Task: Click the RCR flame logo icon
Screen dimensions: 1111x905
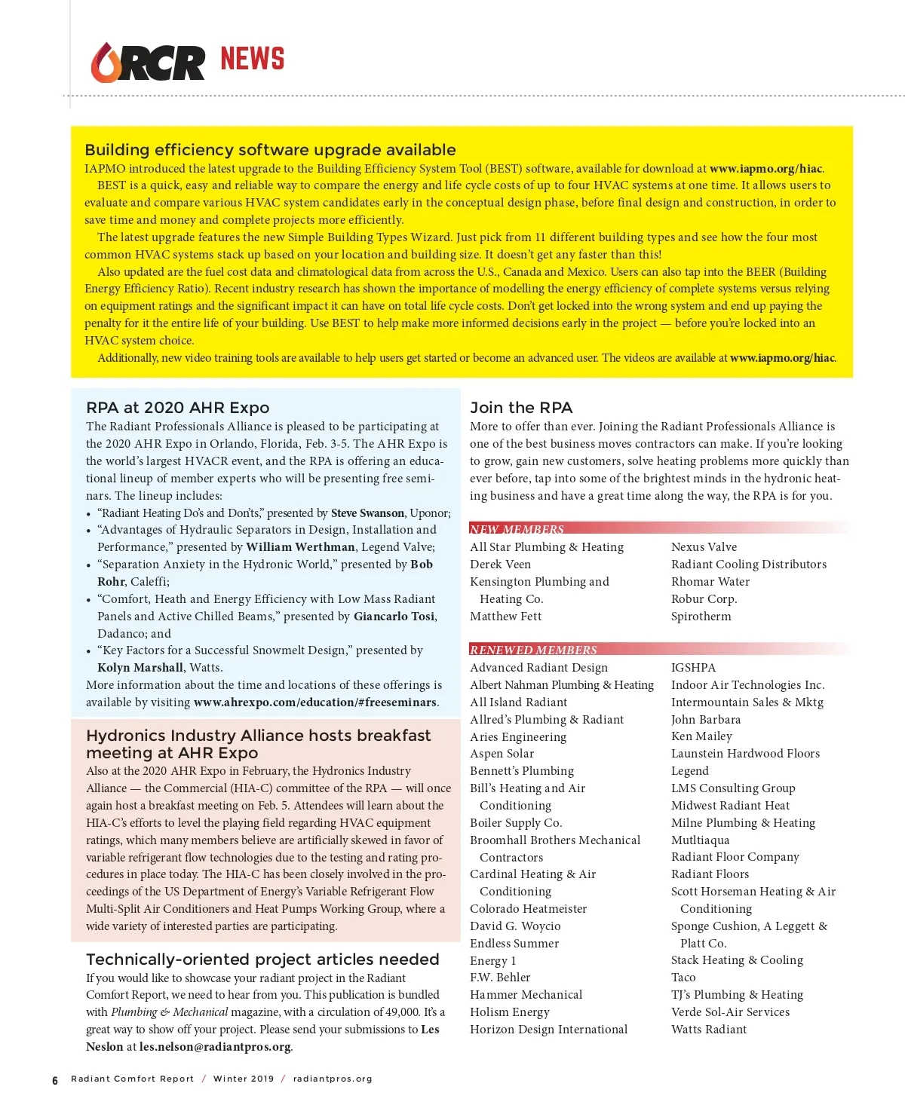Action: point(106,63)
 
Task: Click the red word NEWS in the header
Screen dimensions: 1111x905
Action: point(252,59)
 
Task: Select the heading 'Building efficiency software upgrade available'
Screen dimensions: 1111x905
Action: point(270,150)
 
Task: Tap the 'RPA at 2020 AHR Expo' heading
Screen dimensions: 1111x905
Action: point(177,408)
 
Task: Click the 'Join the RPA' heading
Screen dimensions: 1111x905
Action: point(521,408)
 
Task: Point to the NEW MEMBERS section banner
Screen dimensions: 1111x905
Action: point(517,529)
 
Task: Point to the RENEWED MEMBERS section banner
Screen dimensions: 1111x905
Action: point(533,650)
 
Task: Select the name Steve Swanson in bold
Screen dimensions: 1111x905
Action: point(367,513)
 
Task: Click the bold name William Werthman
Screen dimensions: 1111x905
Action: point(300,547)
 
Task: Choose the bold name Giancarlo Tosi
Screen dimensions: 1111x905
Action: point(394,617)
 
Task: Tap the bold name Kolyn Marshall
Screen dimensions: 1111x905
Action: point(140,668)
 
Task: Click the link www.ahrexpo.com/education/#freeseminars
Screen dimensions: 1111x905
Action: point(314,702)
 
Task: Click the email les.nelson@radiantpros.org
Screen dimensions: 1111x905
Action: point(214,1047)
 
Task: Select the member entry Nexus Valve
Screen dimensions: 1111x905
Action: point(704,547)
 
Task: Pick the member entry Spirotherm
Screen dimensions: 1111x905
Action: point(701,617)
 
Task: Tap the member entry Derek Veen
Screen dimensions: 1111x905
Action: point(500,565)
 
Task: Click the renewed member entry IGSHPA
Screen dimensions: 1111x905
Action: point(693,668)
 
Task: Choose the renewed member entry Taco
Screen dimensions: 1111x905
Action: point(683,978)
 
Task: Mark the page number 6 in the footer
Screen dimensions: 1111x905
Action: point(55,1080)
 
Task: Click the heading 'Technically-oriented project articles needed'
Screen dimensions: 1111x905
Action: point(262,959)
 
